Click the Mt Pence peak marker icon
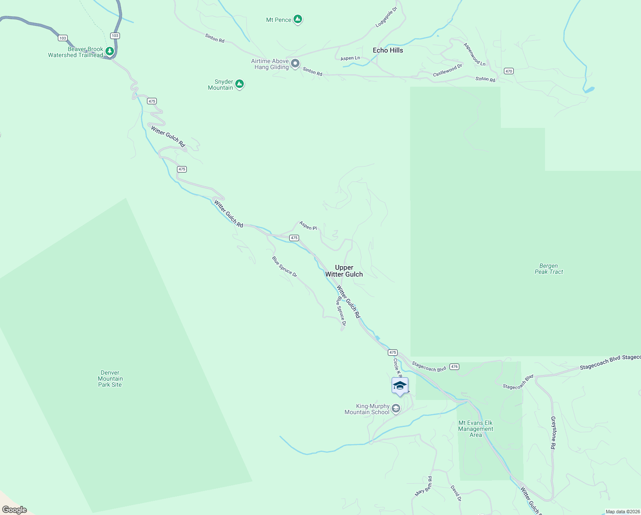click(298, 19)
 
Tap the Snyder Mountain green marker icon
click(240, 84)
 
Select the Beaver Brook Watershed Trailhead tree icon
click(110, 51)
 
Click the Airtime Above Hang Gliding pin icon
click(295, 64)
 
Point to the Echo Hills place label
click(388, 50)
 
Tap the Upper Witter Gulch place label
click(344, 271)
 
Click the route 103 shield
click(63, 38)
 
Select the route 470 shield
click(509, 71)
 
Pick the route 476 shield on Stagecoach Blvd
click(455, 367)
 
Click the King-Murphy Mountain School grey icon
click(396, 409)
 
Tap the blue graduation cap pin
click(400, 385)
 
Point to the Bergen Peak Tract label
click(549, 269)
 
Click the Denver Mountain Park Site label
click(110, 379)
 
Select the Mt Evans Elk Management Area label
click(476, 429)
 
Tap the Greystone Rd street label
click(553, 433)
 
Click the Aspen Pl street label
click(308, 226)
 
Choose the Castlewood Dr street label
click(448, 70)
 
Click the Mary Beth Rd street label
click(423, 486)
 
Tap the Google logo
click(15, 510)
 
